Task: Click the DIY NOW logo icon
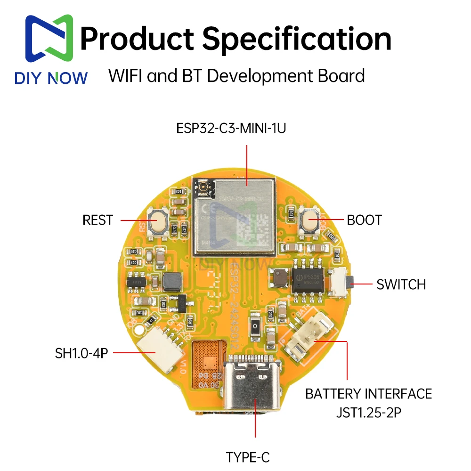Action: point(49,40)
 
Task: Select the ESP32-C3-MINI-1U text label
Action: point(230,129)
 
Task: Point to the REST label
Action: point(98,220)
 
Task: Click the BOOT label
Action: point(364,220)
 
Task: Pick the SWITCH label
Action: point(401,284)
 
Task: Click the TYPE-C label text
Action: point(248,457)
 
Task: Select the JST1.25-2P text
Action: point(369,413)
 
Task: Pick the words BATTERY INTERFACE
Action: point(368,394)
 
